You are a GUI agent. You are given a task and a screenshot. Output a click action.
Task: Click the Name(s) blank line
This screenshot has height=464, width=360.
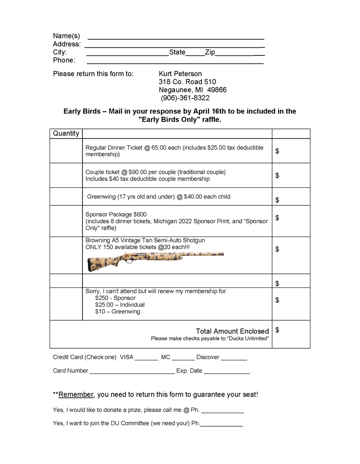(175, 37)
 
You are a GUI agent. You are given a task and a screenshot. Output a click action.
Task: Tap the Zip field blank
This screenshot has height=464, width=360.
(239, 54)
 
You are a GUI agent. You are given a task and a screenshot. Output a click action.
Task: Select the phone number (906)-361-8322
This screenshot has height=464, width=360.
(185, 98)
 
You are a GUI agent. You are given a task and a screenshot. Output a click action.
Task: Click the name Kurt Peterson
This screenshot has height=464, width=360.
(180, 73)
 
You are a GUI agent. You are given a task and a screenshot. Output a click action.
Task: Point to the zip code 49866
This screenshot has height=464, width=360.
(216, 90)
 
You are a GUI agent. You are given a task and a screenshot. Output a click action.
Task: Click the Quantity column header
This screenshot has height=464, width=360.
(66, 133)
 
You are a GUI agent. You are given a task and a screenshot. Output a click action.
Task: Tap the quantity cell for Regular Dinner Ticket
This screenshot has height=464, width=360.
(66, 151)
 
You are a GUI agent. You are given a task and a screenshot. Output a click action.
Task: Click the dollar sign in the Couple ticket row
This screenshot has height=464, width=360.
(277, 175)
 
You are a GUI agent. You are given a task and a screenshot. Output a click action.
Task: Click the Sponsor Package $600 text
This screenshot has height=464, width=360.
(116, 214)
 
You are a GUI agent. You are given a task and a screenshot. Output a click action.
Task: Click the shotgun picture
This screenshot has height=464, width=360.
(155, 260)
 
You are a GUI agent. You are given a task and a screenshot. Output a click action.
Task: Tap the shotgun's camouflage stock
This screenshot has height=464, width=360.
(101, 263)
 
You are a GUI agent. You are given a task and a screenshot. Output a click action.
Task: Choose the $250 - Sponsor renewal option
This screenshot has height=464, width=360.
(115, 298)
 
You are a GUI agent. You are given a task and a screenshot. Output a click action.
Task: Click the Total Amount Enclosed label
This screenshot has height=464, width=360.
(232, 331)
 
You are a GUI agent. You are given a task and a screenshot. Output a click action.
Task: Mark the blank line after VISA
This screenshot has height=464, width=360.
(146, 359)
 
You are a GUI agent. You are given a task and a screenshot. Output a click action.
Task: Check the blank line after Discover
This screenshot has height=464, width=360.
(234, 359)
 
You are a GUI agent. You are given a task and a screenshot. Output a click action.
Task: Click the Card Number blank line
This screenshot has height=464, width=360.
(132, 373)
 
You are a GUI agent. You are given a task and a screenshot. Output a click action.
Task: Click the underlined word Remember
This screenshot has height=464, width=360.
(76, 395)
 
